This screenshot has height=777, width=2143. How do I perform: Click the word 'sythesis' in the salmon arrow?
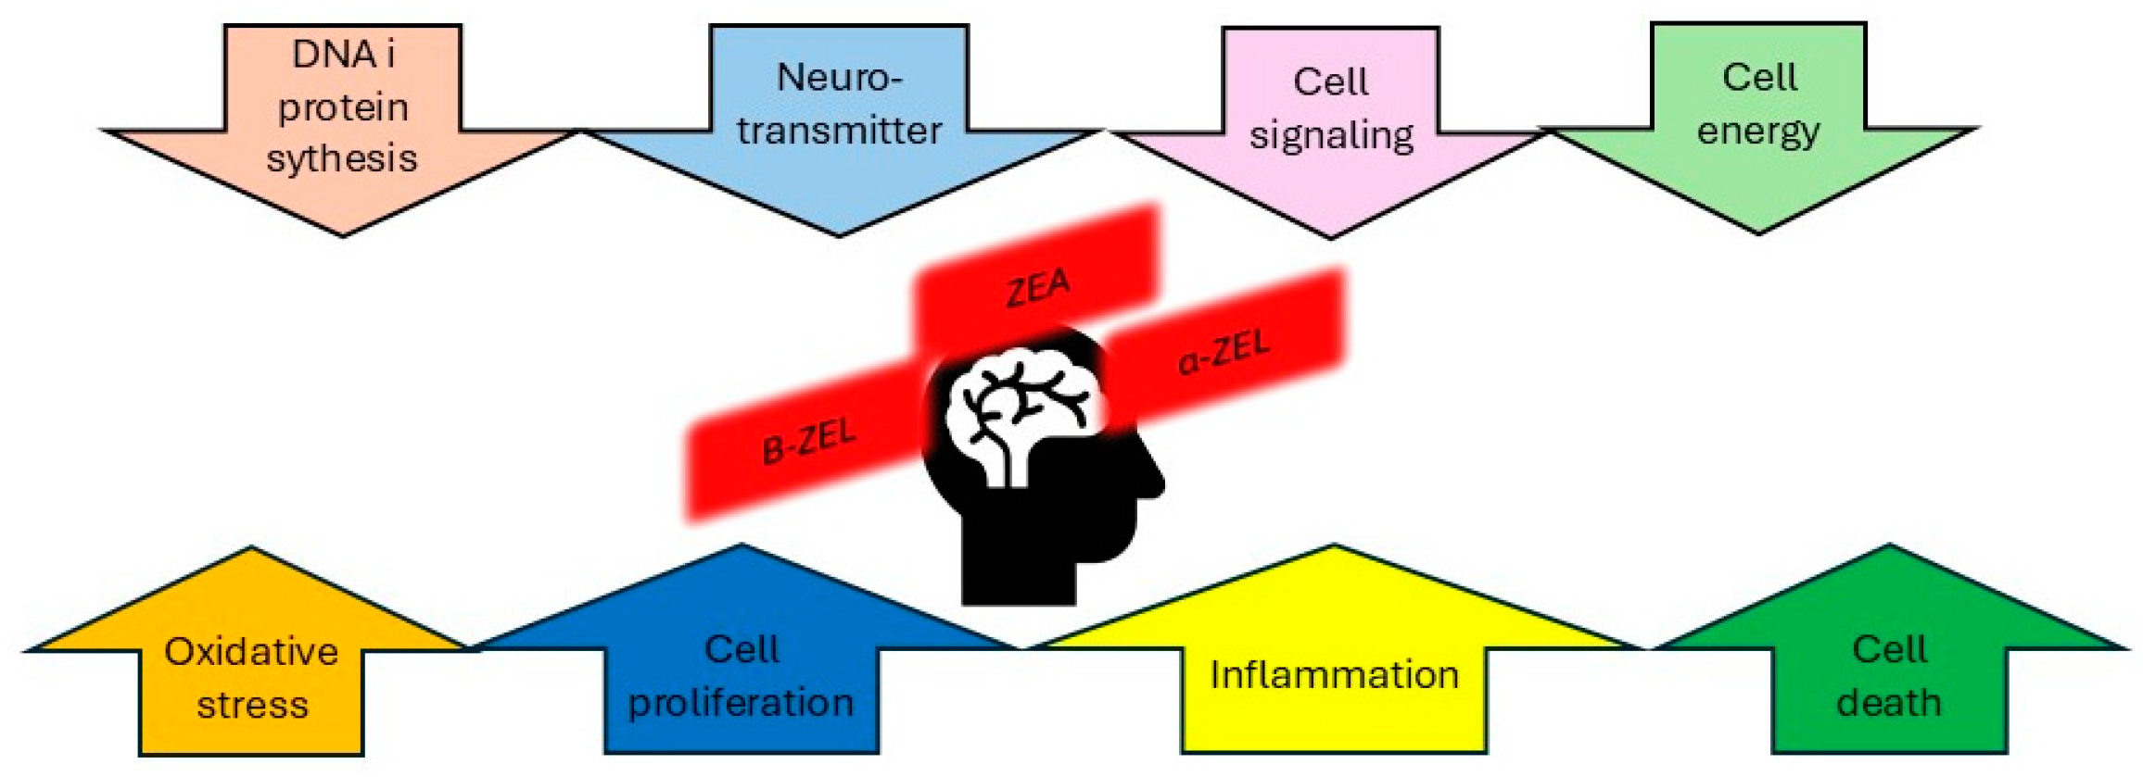coord(341,158)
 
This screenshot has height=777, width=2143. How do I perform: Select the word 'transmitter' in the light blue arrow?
coord(839,130)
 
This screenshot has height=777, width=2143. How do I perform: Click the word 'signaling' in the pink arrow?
coord(1331,135)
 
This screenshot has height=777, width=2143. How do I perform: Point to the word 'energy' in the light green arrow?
coord(1758,131)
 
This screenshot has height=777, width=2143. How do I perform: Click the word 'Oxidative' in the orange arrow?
coord(251,652)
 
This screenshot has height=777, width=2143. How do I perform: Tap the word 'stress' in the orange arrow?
coord(252,706)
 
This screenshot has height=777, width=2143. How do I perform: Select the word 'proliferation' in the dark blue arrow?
coord(741,703)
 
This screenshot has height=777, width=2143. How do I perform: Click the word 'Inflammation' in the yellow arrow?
coord(1334,675)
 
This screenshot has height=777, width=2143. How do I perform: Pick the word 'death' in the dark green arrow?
coord(1889,703)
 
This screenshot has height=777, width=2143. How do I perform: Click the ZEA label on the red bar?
coord(1038,288)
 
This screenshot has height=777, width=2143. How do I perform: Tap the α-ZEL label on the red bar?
coord(1224,353)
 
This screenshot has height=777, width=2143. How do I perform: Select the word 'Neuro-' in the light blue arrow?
coord(839,78)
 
